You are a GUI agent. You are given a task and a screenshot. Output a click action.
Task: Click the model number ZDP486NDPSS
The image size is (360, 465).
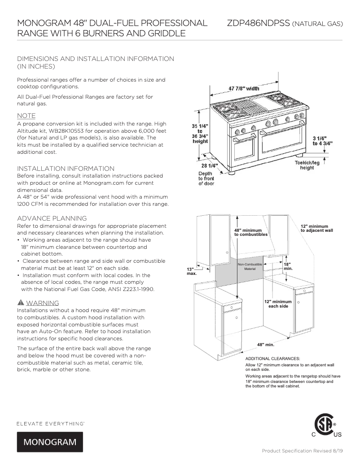tap(258, 23)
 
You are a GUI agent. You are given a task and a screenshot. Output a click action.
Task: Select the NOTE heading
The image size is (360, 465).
tap(26, 115)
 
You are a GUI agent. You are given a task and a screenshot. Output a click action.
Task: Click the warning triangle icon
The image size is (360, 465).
tap(20, 303)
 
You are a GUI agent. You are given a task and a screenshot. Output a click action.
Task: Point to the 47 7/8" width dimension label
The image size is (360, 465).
tap(244, 88)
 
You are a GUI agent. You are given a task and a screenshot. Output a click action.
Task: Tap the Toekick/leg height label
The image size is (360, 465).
tap(307, 165)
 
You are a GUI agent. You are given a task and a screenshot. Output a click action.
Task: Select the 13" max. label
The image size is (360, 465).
tap(191, 271)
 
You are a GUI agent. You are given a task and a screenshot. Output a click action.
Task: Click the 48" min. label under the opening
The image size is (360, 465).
tap(265, 345)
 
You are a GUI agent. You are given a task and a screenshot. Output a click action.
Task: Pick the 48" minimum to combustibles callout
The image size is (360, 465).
tap(251, 232)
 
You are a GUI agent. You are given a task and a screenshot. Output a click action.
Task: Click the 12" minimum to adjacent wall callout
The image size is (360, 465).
tap(316, 228)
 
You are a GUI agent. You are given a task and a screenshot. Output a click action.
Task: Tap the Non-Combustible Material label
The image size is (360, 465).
tap(246, 267)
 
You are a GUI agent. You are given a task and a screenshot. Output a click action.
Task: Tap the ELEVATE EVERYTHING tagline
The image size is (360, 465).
tap(51, 423)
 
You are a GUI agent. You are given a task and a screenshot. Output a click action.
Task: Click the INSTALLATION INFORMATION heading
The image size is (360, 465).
tap(66, 168)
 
